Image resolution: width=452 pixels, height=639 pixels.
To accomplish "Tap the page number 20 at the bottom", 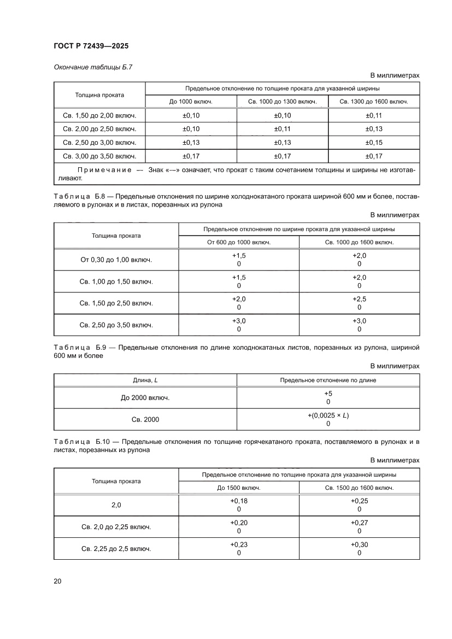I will [58, 581].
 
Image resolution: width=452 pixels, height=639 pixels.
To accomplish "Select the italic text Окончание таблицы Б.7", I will [93, 67].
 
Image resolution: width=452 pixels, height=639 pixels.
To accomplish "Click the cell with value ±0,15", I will [374, 143].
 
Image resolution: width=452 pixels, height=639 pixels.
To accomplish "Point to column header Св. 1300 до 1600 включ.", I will [374, 102].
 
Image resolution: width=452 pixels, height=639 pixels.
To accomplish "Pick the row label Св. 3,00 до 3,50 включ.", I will [99, 156].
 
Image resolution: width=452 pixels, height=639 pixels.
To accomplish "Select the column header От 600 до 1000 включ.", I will [239, 242].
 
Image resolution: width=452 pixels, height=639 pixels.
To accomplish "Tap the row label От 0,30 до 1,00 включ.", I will [116, 260].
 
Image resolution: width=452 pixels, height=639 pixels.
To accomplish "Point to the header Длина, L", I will [145, 380].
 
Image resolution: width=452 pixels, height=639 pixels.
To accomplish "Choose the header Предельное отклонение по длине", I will [328, 380].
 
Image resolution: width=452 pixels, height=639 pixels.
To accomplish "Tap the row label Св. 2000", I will [145, 420].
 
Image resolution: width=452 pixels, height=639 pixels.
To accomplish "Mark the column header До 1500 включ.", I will [239, 488].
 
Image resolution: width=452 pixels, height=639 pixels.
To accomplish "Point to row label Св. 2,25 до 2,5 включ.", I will [116, 549].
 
